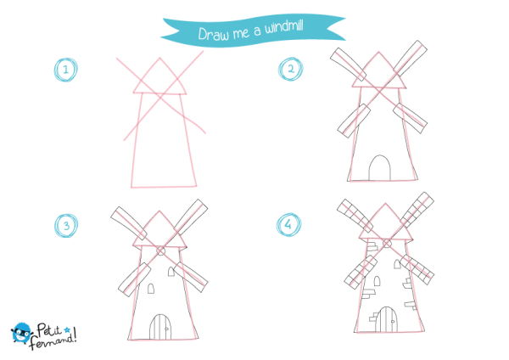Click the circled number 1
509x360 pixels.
(x=66, y=70)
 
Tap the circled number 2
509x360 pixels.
(x=290, y=69)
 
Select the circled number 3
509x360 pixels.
(x=66, y=226)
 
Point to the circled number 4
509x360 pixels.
(x=288, y=224)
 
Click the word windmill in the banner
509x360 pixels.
(x=284, y=26)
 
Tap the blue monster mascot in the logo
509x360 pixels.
(x=21, y=332)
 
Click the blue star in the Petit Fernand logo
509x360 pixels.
(x=67, y=330)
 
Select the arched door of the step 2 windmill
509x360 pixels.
(x=379, y=167)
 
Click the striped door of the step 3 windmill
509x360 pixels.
(x=160, y=327)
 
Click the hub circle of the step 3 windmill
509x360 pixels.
(x=160, y=250)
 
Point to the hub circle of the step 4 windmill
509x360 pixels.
(x=387, y=243)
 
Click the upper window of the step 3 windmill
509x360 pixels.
(x=171, y=272)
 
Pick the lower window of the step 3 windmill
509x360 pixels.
(x=151, y=288)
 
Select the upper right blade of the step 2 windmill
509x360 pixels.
(x=411, y=58)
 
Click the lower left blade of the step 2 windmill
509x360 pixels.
(x=354, y=121)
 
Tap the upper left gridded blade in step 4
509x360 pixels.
(x=355, y=216)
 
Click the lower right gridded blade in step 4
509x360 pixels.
(x=417, y=270)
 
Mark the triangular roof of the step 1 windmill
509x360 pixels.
(x=159, y=76)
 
